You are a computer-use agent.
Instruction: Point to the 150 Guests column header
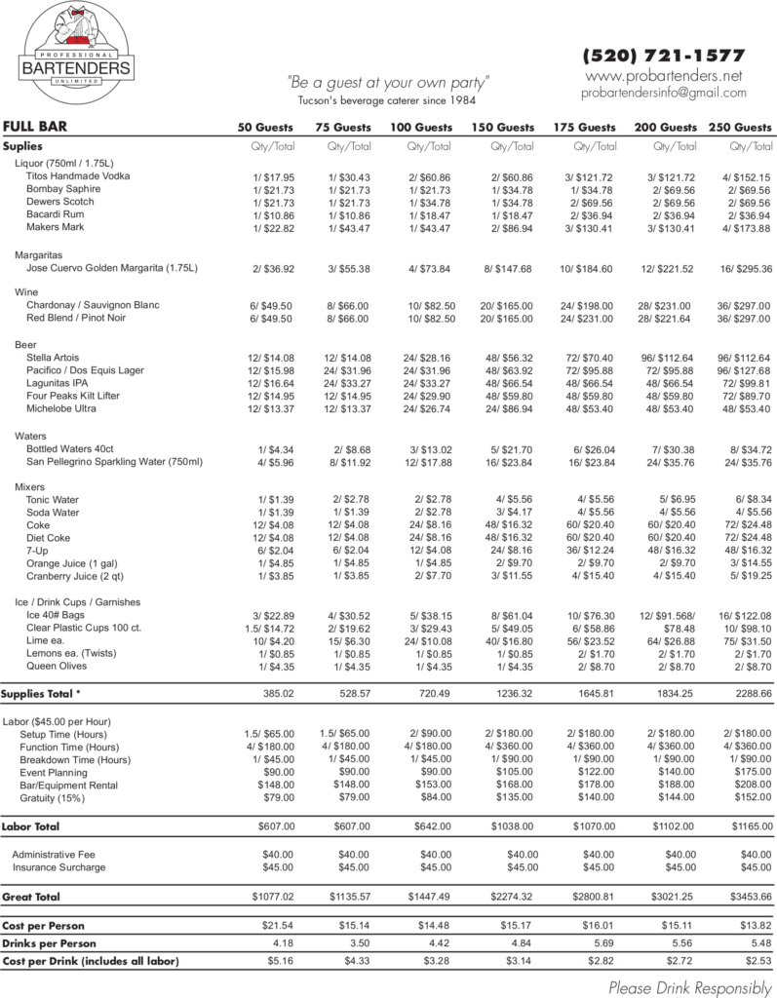(503, 128)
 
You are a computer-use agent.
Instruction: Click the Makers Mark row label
(56, 227)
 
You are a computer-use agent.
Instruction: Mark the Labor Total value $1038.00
(511, 825)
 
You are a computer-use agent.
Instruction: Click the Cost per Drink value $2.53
(752, 962)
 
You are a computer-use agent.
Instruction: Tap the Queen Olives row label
(57, 667)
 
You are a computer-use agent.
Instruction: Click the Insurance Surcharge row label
(58, 867)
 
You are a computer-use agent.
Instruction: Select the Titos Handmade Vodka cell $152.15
(746, 176)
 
